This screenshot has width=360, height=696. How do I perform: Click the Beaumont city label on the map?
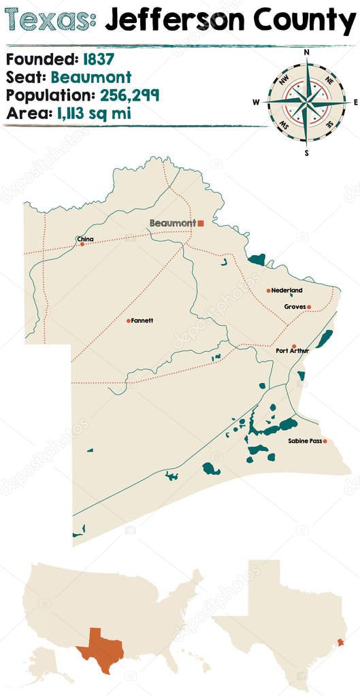(172, 223)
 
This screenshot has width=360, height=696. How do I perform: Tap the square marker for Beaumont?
(201, 222)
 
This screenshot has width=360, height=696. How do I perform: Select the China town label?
(86, 239)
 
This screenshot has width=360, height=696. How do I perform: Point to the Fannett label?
(142, 320)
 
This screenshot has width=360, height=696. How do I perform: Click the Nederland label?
(287, 291)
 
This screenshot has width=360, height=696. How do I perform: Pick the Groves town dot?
(308, 307)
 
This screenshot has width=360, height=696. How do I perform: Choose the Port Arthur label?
(292, 351)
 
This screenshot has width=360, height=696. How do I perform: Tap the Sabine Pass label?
(304, 442)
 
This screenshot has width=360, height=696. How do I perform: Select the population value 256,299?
(129, 95)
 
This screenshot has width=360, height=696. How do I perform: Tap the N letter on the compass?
(306, 52)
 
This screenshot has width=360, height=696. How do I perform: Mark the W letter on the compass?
(257, 103)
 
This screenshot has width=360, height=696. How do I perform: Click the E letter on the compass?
(355, 102)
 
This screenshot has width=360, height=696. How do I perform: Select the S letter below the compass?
(306, 152)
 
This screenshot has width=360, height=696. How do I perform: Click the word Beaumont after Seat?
(91, 78)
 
